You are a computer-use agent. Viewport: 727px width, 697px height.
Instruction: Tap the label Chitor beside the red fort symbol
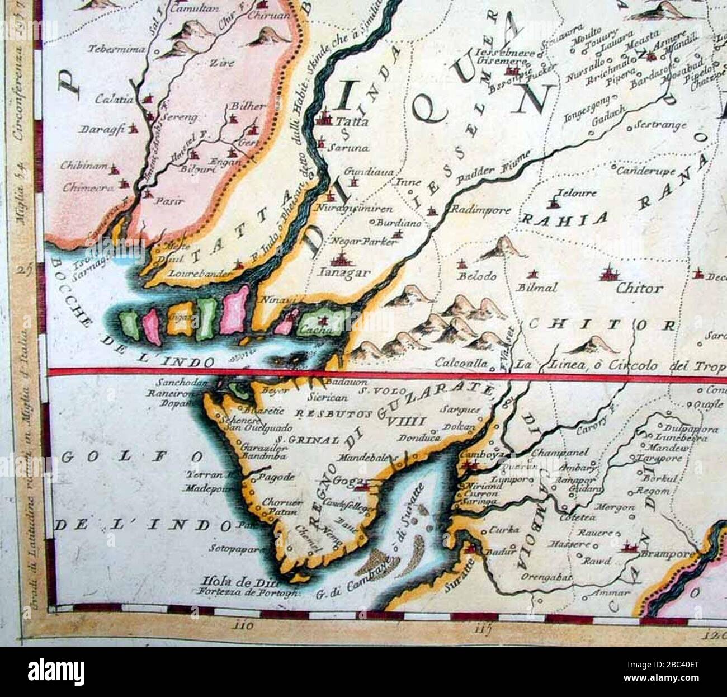pyautogui.click(x=639, y=289)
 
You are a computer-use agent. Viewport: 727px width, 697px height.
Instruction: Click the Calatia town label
pyautogui.click(x=114, y=100)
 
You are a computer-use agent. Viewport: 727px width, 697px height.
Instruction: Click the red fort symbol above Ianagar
pyautogui.click(x=339, y=259)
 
